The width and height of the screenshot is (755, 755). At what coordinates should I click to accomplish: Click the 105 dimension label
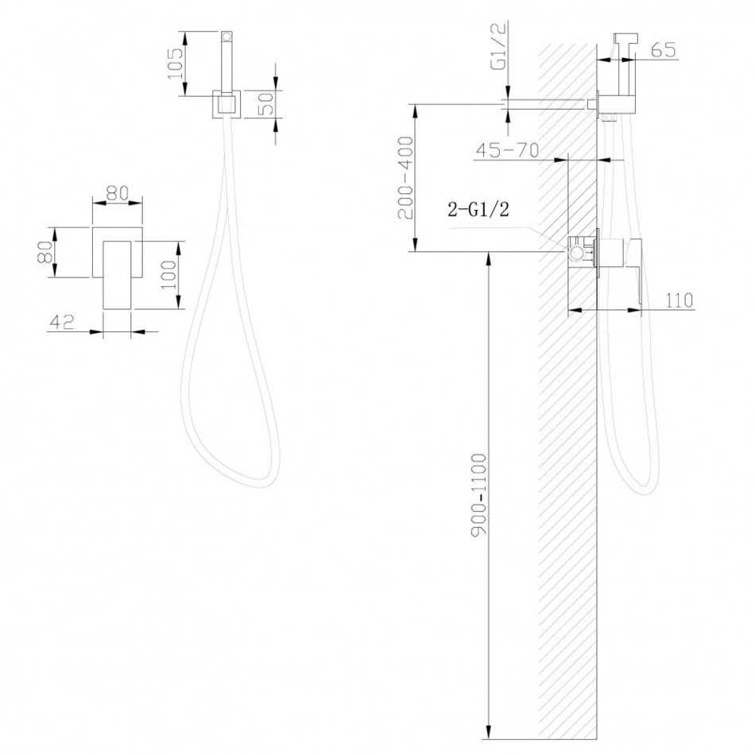[176, 64]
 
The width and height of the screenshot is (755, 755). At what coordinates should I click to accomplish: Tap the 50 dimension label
[266, 103]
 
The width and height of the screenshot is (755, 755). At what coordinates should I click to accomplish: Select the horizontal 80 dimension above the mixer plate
[118, 193]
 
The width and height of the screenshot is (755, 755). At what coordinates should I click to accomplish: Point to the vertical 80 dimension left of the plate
[45, 251]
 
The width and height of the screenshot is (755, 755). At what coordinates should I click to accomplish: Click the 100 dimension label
[168, 274]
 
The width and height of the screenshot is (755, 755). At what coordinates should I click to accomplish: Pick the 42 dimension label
[62, 322]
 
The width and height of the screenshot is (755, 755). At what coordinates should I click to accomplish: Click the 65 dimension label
[664, 49]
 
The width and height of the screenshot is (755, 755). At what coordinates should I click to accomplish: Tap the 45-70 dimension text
[507, 150]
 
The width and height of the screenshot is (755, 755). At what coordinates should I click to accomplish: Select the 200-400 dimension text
[405, 178]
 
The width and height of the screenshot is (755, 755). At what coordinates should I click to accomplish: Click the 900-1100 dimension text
[479, 494]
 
